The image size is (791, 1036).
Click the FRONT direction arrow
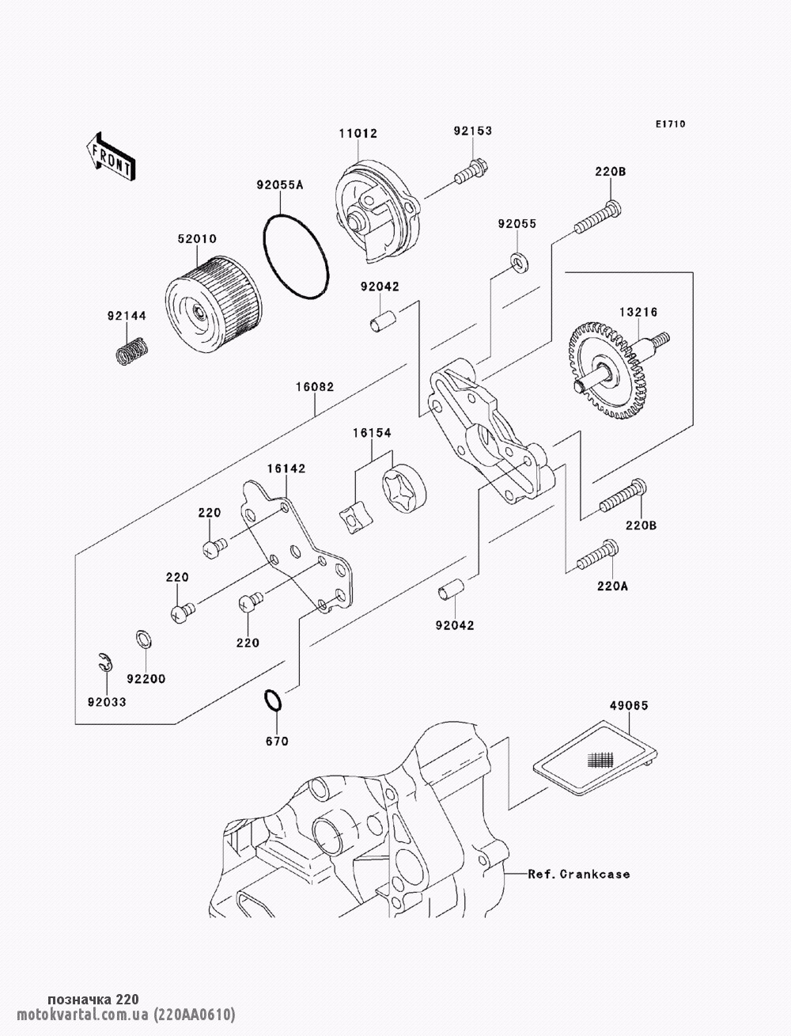111,157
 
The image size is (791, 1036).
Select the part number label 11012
358,134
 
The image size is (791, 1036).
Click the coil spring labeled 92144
133,350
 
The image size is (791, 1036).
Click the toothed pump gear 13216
613,370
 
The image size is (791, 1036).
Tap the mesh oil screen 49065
596,757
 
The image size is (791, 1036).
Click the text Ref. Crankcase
579,874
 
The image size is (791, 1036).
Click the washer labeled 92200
144,639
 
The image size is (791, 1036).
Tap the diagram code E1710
670,124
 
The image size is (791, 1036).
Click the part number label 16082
315,387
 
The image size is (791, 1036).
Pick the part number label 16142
286,469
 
